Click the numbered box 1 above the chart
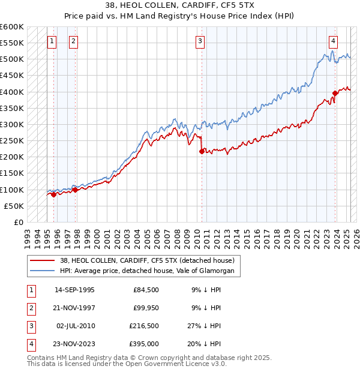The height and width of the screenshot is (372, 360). (52, 41)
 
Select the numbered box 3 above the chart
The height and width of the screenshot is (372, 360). (200, 41)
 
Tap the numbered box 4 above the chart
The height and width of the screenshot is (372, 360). (333, 41)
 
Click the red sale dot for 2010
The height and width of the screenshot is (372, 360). (202, 152)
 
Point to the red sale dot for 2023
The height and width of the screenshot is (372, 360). (335, 93)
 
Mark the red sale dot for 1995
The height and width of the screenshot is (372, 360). (53, 194)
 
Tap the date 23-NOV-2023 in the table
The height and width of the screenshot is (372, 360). (74, 344)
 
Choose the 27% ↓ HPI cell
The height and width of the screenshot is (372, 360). (205, 326)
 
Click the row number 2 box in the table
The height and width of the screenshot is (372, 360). (30, 308)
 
